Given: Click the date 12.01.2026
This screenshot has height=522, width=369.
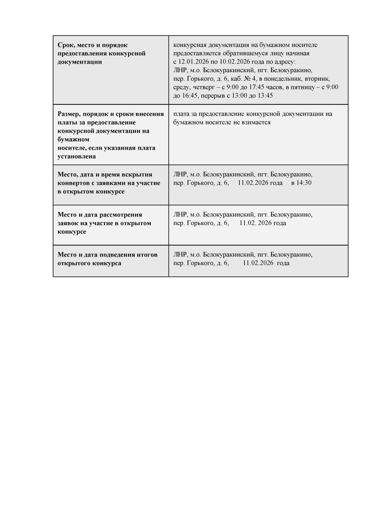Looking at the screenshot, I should [193, 62].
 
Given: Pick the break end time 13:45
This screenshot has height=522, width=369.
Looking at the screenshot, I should [265, 95].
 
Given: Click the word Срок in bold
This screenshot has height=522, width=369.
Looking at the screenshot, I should [66, 45].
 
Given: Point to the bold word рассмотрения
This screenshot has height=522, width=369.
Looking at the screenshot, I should [122, 215].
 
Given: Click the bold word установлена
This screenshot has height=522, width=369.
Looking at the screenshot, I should [77, 156].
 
